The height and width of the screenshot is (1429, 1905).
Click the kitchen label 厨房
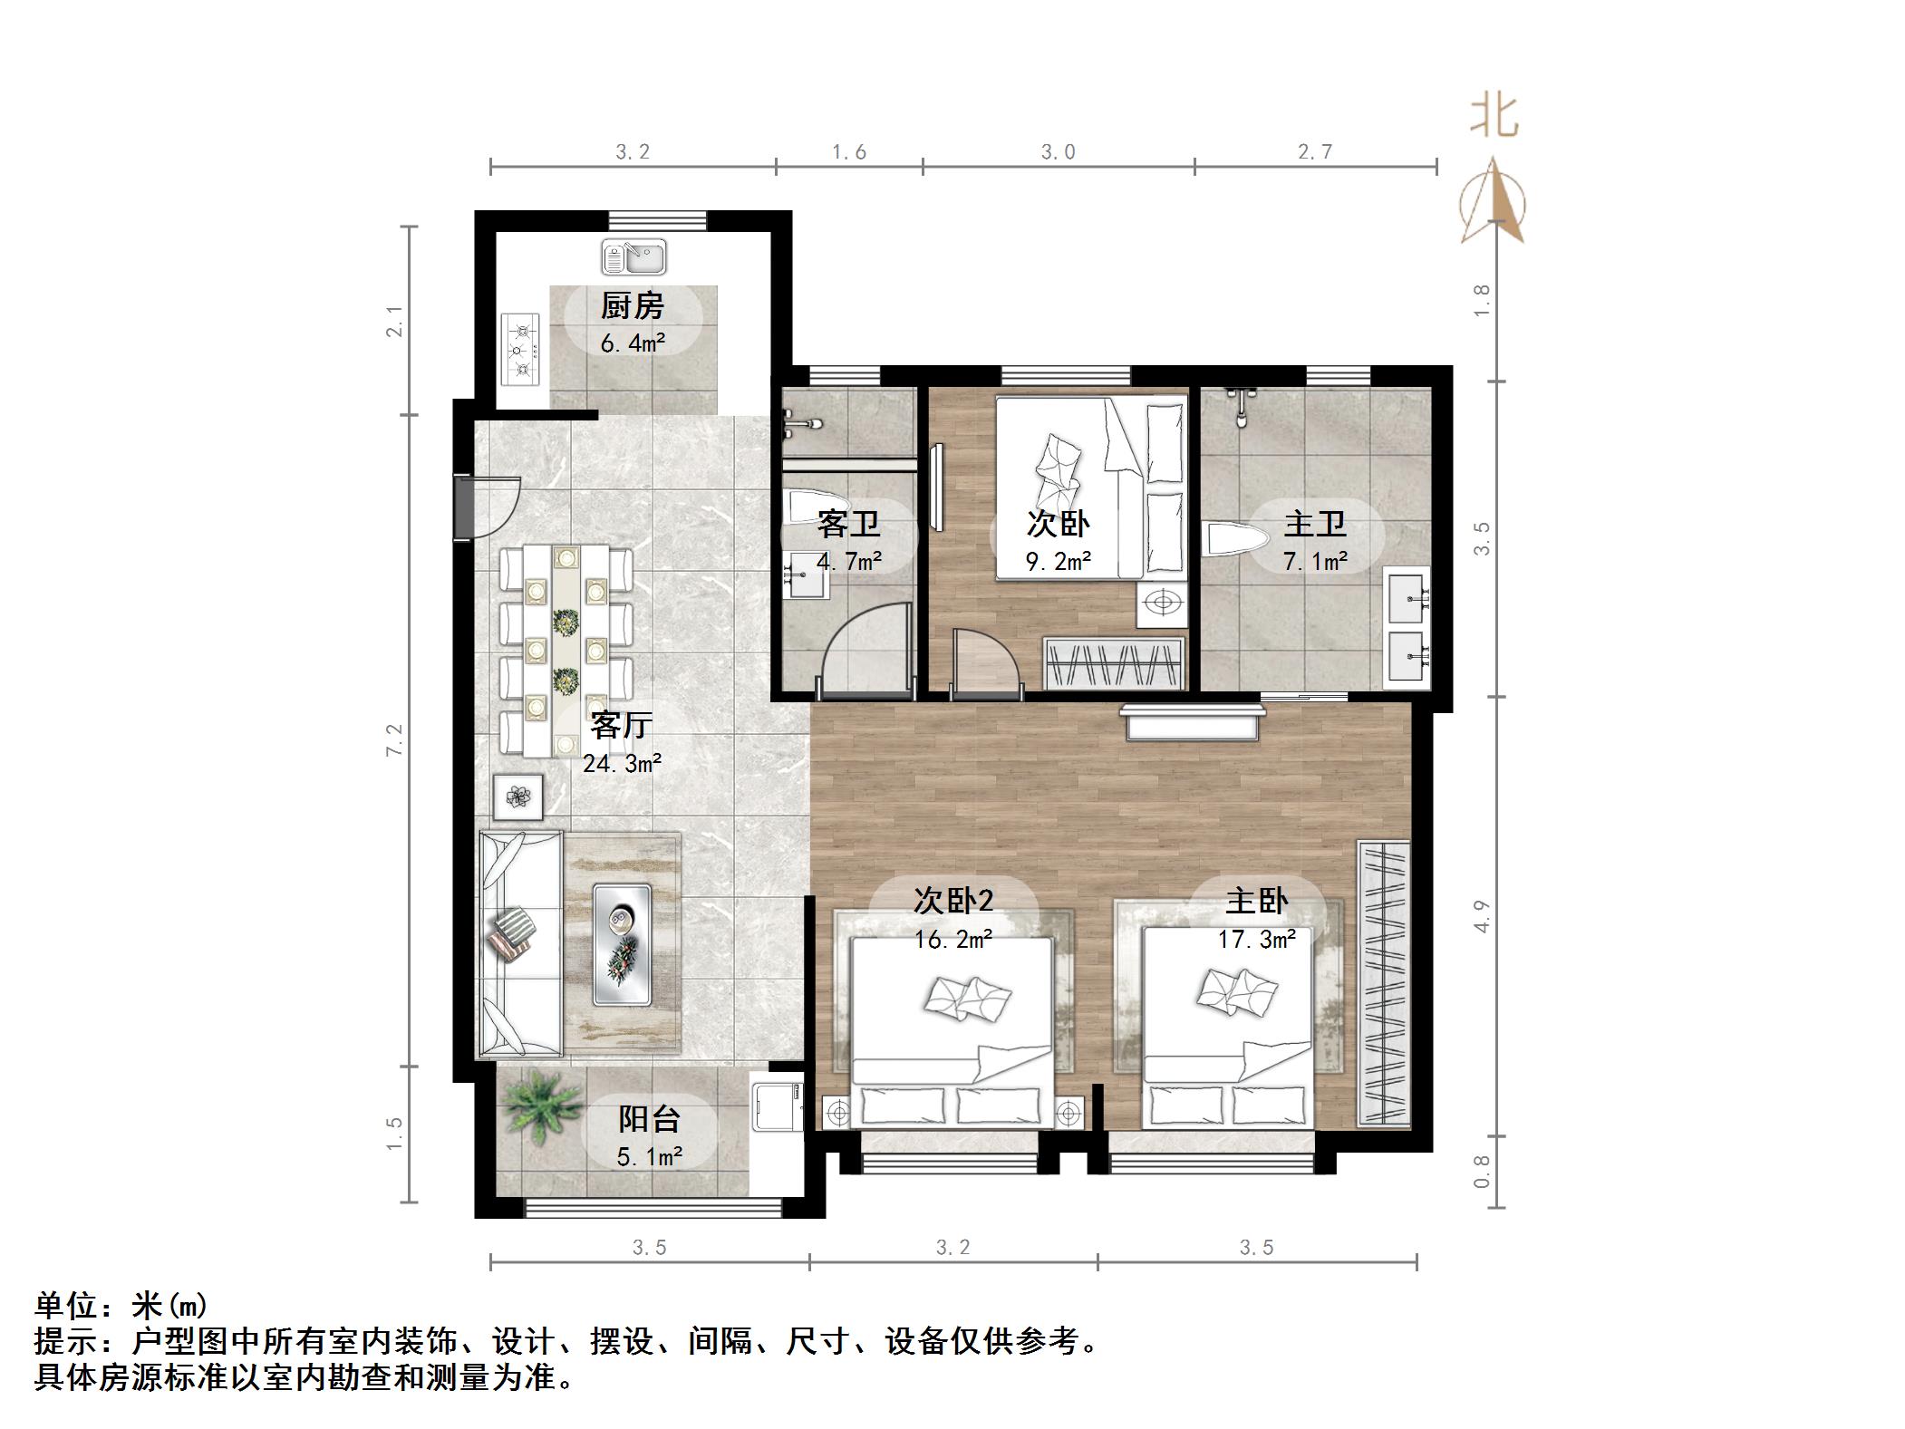[x=632, y=306]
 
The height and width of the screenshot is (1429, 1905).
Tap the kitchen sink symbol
[x=633, y=257]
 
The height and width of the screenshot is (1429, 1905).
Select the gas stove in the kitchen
[x=520, y=350]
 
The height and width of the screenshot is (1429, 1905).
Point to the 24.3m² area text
[x=622, y=764]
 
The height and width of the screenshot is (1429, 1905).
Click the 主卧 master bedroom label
[x=1256, y=901]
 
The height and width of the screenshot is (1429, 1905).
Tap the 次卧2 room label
[x=952, y=900]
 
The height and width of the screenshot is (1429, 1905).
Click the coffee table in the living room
[x=622, y=944]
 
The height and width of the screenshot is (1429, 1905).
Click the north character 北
[x=1494, y=117]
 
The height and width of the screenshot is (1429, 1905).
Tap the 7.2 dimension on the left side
[x=394, y=739]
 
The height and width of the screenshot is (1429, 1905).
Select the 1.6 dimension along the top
[x=849, y=152]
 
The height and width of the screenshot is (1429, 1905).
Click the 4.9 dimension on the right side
[x=1482, y=916]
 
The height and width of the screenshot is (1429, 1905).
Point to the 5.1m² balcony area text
[x=650, y=1157]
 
